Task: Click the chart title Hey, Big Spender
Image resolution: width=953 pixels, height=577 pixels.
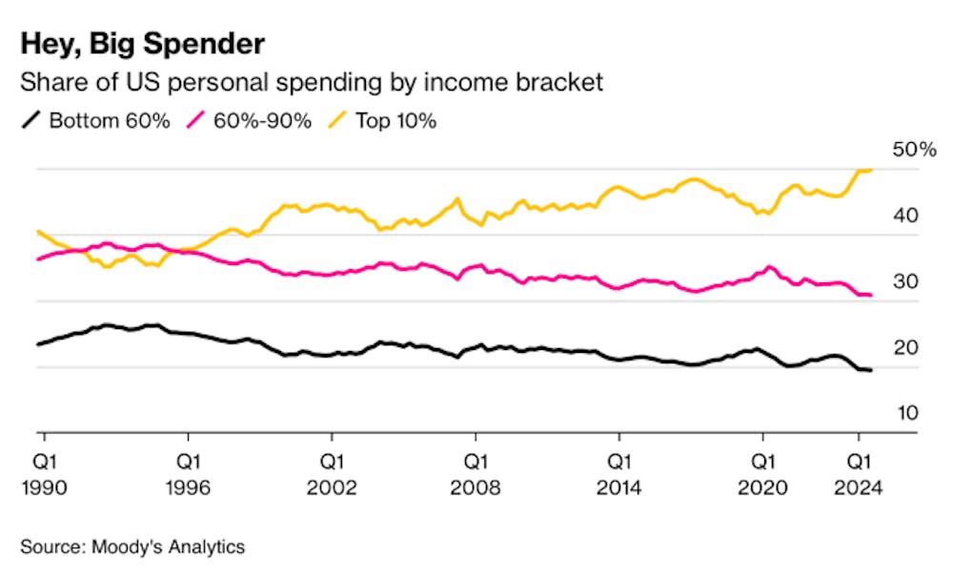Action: (142, 44)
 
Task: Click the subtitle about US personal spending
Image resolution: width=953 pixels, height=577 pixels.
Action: (312, 82)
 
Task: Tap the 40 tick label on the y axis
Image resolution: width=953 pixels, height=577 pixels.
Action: (905, 216)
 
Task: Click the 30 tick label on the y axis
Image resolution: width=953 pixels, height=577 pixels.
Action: (905, 282)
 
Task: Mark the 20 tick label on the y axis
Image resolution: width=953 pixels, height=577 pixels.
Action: (905, 348)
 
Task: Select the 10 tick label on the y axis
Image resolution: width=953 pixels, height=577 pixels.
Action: (905, 414)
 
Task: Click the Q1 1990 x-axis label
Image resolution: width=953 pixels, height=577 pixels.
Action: (44, 474)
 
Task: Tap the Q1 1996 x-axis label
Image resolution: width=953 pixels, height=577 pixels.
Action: (188, 474)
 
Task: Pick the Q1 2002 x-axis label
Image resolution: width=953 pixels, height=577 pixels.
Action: (332, 474)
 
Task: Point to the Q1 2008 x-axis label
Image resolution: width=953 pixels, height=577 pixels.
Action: (476, 474)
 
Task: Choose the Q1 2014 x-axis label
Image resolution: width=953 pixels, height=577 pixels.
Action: (619, 474)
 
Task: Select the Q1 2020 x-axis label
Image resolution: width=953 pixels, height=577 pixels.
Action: (762, 474)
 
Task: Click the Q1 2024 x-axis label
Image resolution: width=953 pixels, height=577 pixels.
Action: (859, 474)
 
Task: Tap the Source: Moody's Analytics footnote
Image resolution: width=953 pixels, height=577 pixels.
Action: (132, 546)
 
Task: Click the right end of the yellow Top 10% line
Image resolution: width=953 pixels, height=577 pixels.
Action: (871, 170)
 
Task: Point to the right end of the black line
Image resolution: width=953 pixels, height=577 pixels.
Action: (871, 370)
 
